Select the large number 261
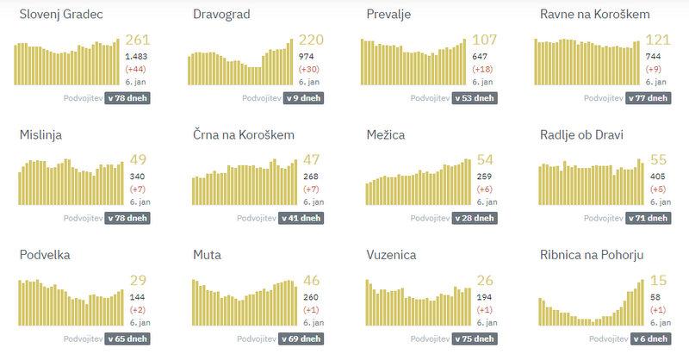pos(138,40)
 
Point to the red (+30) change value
pos(309,69)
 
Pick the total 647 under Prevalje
pos(480,56)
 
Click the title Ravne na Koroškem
pos(594,16)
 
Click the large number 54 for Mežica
pos(485,160)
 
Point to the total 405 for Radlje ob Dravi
pos(655,176)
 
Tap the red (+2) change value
pos(136,308)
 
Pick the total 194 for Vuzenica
pos(482,295)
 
